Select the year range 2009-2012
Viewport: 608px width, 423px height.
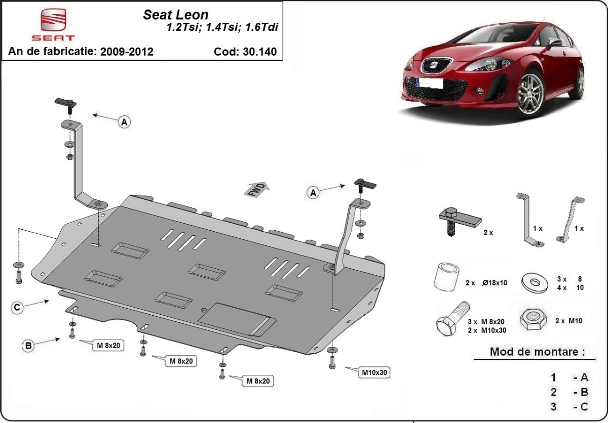pyautogui.click(x=127, y=52)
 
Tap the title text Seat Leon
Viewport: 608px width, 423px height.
pyautogui.click(x=176, y=15)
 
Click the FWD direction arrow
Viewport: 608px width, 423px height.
pyautogui.click(x=258, y=190)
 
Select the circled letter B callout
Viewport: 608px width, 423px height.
pyautogui.click(x=29, y=346)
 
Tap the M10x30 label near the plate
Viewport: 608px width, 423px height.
pyautogui.click(x=374, y=373)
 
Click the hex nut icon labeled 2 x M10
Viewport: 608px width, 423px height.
pyautogui.click(x=534, y=319)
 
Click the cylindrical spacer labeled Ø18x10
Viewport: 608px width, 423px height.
pyautogui.click(x=445, y=278)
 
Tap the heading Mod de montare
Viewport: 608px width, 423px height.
pyautogui.click(x=537, y=351)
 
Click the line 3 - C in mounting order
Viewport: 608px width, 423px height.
pyautogui.click(x=569, y=406)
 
